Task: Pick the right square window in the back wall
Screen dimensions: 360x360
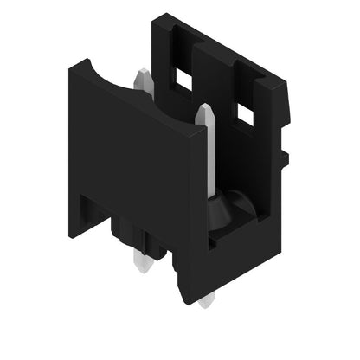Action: [x=246, y=113]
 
